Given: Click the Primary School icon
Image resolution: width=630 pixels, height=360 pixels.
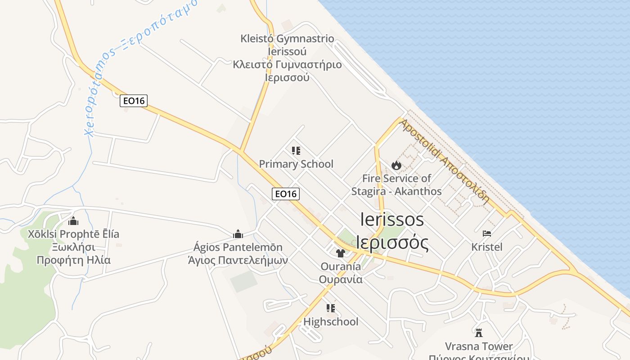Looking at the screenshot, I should pos(296,151).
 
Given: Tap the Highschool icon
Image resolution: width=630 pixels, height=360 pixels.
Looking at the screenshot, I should pos(331,308).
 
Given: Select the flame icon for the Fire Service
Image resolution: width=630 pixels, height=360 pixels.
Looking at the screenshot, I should pos(396,165).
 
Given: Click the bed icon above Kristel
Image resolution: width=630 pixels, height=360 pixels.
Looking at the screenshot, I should pos(487,233).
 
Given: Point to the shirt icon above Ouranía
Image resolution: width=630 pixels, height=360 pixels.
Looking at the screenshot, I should pos(340,253).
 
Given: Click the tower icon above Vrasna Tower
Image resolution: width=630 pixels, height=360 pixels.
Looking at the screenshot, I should pos(479,333).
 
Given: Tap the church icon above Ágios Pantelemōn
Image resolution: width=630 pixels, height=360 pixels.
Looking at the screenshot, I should pos(238,234).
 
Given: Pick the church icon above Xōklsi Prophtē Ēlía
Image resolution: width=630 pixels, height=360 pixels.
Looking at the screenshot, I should pos(73,221).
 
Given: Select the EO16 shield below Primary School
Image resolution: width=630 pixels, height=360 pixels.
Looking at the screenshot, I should pos(286,194).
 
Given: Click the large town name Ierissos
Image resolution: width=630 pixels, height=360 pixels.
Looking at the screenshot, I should pos(392,220).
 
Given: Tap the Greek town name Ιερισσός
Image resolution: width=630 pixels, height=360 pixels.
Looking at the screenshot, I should pos(392,242).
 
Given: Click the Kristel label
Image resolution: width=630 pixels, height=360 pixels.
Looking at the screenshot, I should pos(487,247).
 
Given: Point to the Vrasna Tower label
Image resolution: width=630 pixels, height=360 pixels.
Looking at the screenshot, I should pos(479,346).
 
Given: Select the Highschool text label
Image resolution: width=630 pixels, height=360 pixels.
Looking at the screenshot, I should pos(331,322).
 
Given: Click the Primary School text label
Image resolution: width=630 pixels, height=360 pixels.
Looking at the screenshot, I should pos(296,164).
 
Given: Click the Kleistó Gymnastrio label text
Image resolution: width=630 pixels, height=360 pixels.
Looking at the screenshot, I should pos(287,39).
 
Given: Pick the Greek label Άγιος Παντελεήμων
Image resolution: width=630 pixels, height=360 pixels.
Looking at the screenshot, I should pos(238,261).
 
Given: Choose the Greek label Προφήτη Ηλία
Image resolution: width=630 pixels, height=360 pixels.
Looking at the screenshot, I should pos(73,260).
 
